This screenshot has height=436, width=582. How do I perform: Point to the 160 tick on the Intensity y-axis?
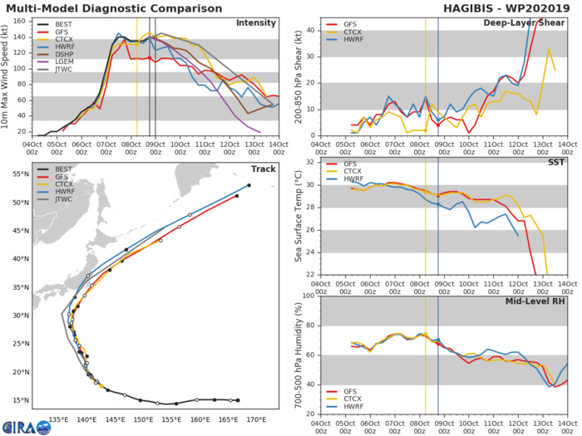point(20,19)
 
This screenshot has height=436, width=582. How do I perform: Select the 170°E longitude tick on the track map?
point(256,419)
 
